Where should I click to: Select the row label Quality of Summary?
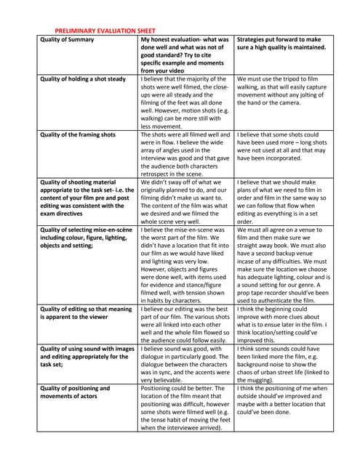click(67, 39)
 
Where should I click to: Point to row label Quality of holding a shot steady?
click(83, 79)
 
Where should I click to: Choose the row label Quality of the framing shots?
click(78, 134)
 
